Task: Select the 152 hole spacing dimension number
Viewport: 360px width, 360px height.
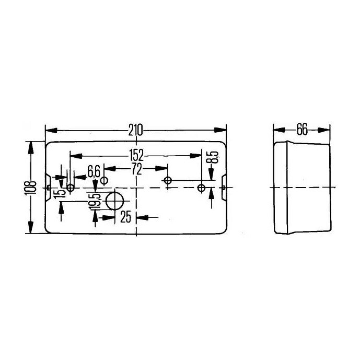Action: point(136,155)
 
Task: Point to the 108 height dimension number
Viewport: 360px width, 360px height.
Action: point(32,187)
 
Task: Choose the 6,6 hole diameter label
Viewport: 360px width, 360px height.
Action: point(94,171)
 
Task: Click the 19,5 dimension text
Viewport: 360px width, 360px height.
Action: point(95,202)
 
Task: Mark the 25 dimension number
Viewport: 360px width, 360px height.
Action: point(126,217)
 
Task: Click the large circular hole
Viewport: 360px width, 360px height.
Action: point(115,201)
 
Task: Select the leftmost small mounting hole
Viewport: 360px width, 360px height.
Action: point(71,187)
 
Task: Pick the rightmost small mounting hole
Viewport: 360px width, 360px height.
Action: point(201,187)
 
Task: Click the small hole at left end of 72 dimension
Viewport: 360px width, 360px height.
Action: point(104,181)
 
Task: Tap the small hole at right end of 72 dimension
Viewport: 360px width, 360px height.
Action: point(168,181)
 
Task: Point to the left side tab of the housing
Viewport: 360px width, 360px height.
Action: point(48,187)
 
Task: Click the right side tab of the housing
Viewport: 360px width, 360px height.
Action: point(224,187)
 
